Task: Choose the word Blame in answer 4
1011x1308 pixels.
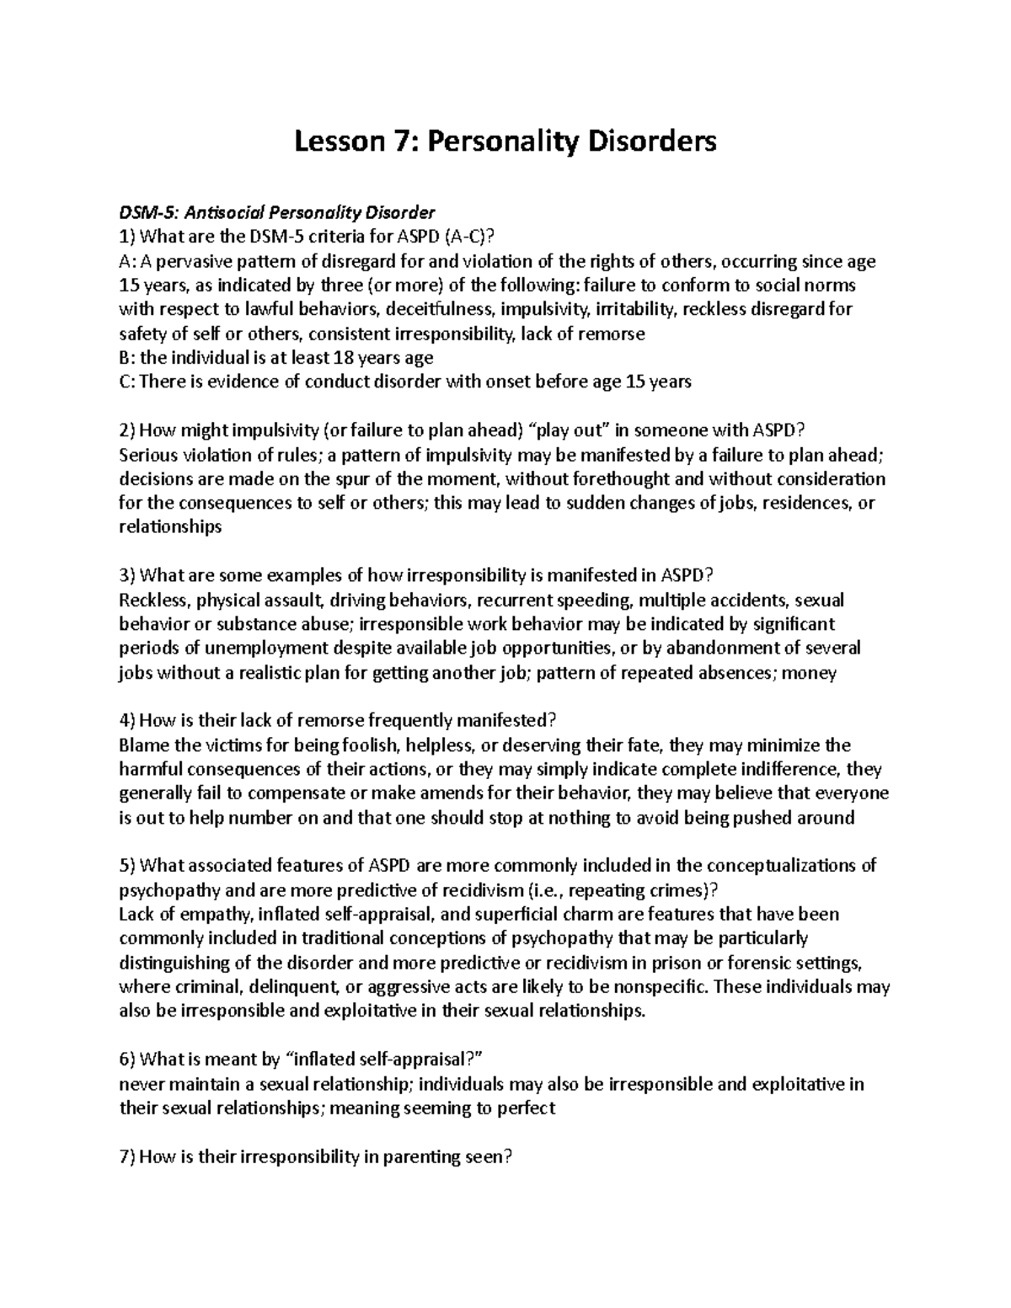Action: [141, 746]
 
